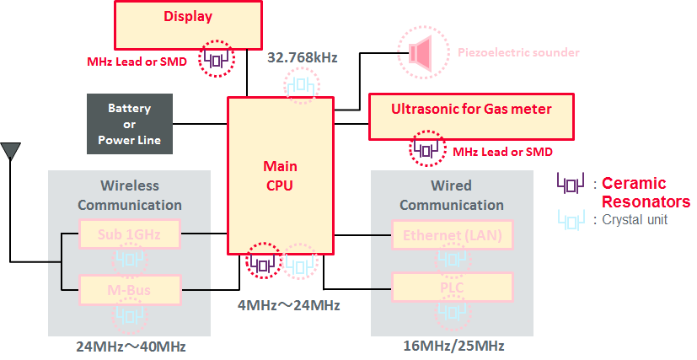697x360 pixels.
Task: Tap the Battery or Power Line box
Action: [129, 124]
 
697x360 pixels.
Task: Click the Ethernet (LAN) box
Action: [452, 234]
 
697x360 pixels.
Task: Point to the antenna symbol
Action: [11, 152]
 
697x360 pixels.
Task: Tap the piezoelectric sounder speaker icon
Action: [419, 52]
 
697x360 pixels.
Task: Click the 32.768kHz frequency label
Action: [302, 58]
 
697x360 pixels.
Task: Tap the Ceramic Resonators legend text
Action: [645, 192]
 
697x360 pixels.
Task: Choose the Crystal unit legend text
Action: [641, 220]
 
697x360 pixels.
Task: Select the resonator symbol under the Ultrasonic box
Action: [426, 150]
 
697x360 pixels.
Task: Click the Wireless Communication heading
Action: [129, 195]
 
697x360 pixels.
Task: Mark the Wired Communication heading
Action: [452, 195]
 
